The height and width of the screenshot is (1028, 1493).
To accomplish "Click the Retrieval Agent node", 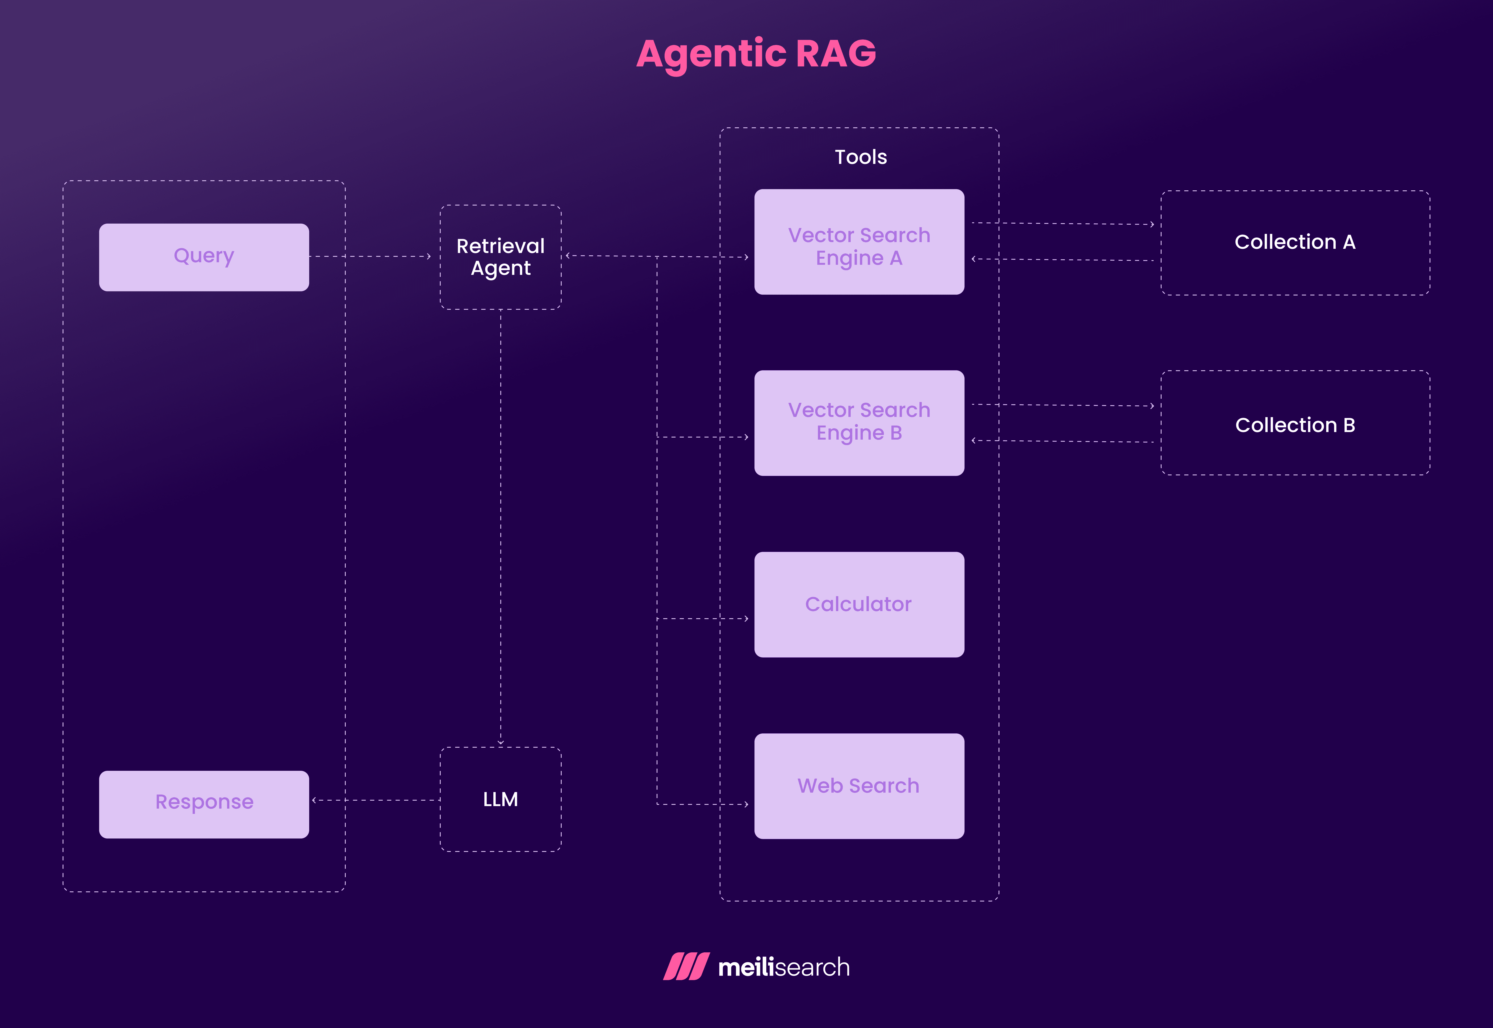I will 500,257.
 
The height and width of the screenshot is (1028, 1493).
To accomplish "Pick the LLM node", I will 500,799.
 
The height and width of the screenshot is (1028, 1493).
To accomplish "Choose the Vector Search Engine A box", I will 859,242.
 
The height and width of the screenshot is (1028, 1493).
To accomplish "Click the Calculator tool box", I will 859,604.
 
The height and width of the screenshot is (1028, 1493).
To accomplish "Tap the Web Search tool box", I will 859,786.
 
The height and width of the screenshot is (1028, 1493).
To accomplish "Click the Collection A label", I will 1295,242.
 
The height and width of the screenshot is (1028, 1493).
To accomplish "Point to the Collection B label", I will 1295,425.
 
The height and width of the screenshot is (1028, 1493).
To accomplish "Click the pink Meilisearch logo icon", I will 686,966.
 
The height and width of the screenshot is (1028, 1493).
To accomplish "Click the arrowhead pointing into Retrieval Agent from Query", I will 429,256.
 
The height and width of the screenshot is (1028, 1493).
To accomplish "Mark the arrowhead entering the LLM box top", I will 500,743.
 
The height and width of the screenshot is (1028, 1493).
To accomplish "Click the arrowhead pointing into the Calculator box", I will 746,618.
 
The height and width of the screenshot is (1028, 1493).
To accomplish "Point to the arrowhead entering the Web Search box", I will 746,804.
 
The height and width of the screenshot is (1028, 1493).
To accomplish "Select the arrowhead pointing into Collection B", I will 1152,406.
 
